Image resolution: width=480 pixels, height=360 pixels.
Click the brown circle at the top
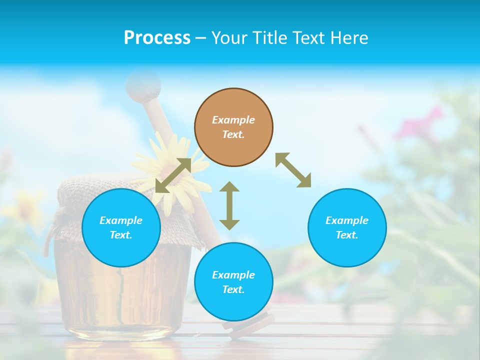pos(233,127)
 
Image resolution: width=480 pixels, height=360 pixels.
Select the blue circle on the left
pos(121,227)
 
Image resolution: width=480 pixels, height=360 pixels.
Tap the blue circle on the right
pos(347,227)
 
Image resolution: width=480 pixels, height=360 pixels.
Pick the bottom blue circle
pos(233,282)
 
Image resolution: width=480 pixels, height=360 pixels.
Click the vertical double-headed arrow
pos(229,205)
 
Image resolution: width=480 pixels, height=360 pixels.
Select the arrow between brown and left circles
pos(173,175)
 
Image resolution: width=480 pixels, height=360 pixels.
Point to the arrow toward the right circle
pos(293,170)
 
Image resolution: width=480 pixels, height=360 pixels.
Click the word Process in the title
pos(157,37)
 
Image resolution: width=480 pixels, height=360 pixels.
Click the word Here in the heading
pos(349,37)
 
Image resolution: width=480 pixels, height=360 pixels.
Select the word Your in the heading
pos(229,37)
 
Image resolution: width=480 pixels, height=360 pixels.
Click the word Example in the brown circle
pos(233,120)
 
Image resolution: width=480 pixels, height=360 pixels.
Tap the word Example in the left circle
pos(121,220)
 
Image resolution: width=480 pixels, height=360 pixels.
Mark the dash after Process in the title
pos(200,38)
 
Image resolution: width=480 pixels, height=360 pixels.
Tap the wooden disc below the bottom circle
pos(249,322)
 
